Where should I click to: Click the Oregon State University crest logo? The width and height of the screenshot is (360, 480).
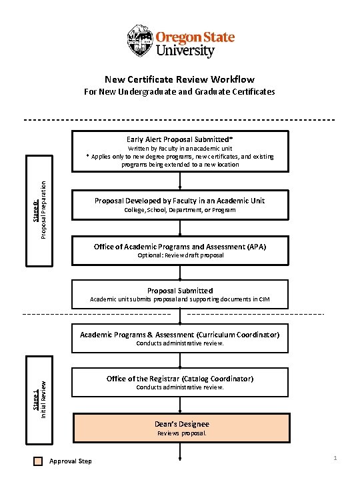click(x=140, y=41)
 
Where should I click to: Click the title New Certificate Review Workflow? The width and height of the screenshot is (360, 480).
click(x=179, y=79)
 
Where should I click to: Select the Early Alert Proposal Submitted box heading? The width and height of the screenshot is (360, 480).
click(x=179, y=139)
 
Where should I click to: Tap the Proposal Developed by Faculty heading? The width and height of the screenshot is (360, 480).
click(x=180, y=201)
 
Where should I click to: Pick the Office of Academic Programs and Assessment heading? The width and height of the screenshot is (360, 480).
click(x=180, y=247)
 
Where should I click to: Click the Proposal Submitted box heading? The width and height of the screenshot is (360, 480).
click(x=180, y=291)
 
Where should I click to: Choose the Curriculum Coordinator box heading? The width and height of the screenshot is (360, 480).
click(x=180, y=335)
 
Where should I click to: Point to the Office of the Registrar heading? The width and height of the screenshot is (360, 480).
click(x=180, y=379)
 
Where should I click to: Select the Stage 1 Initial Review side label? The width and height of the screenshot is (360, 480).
click(x=39, y=397)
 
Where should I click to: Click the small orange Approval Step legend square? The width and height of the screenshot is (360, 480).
click(x=38, y=461)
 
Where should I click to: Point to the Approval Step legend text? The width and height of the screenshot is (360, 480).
click(x=71, y=461)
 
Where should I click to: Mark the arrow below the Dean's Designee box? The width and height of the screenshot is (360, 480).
click(x=181, y=453)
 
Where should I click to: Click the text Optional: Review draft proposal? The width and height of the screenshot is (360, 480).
click(x=180, y=255)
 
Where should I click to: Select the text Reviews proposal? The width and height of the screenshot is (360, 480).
click(x=181, y=433)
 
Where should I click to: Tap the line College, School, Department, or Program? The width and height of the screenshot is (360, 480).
click(x=180, y=210)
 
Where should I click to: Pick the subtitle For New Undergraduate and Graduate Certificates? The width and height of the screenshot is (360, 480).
click(x=179, y=91)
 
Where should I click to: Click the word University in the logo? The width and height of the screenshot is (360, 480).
click(x=185, y=51)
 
